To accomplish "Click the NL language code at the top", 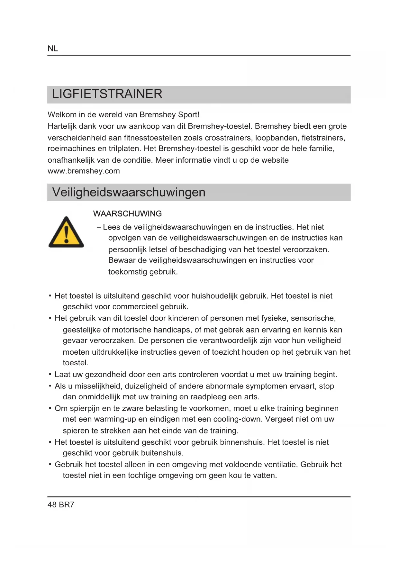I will (x=53, y=49).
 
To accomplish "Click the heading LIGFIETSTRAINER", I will (x=107, y=94).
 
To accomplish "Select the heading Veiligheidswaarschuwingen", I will (x=129, y=192).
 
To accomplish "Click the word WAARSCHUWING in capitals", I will (x=127, y=214).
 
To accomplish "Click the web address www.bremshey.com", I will (x=84, y=171).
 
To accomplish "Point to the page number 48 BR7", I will (x=61, y=505).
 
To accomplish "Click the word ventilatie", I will (x=281, y=465).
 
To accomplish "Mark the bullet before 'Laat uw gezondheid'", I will (x=50, y=374).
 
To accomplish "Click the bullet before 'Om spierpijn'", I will (x=50, y=408).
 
